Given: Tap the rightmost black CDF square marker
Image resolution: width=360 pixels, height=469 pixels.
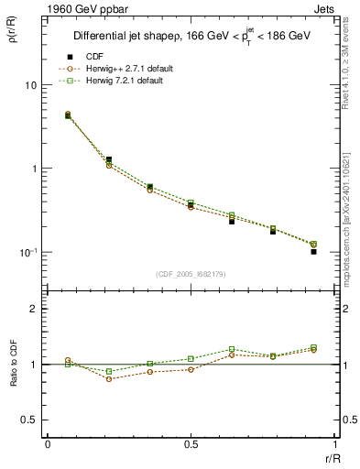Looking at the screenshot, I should pos(313,251).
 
